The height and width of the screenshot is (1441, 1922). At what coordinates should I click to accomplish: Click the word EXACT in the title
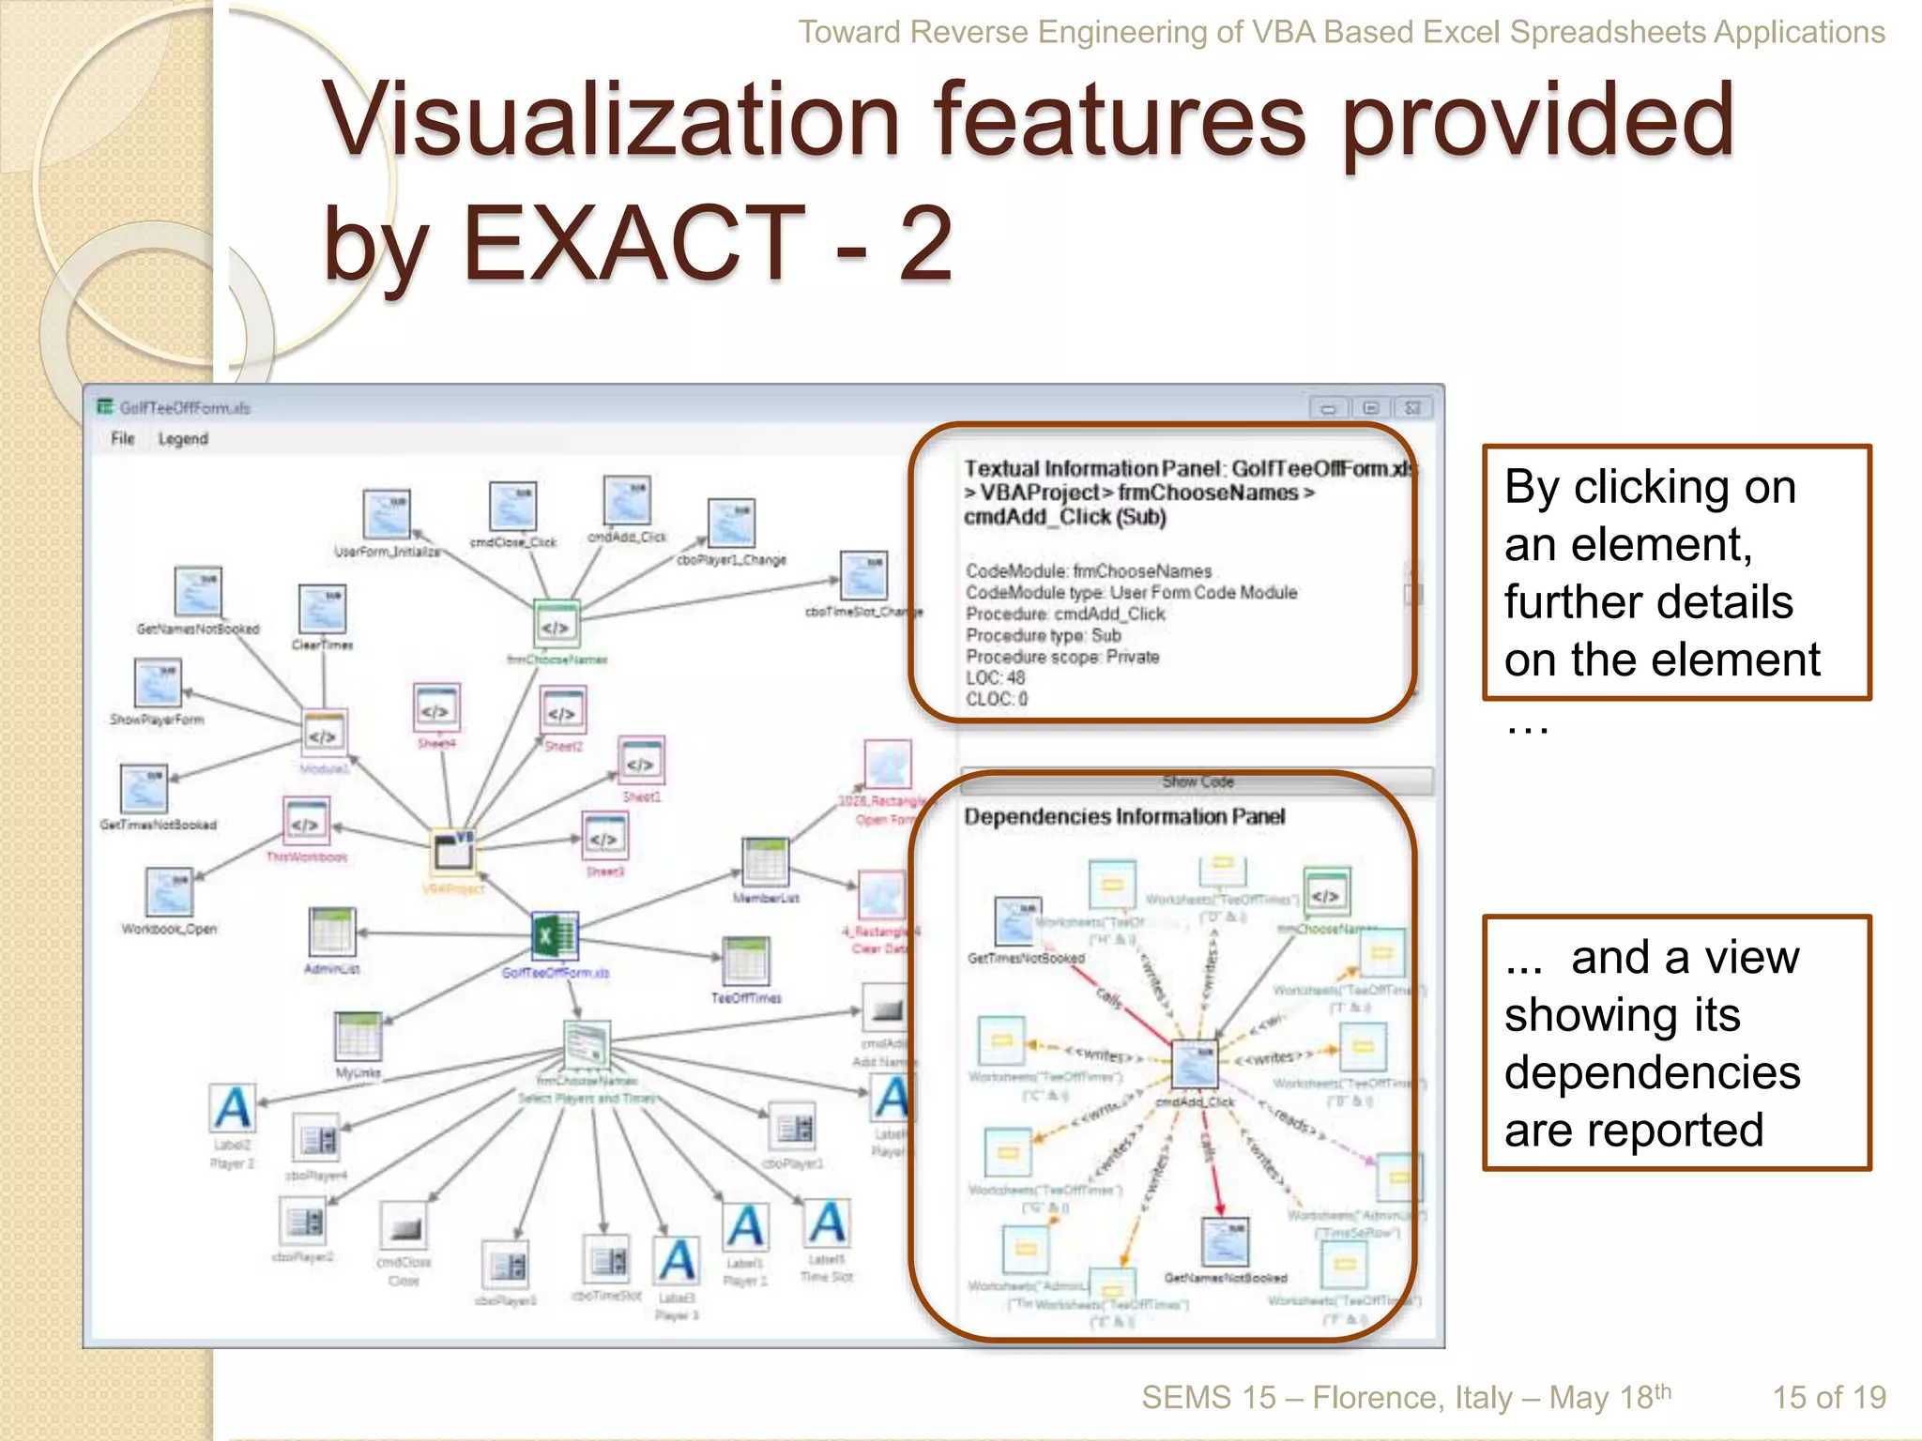(633, 244)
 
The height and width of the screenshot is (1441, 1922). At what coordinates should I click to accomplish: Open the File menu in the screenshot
(122, 438)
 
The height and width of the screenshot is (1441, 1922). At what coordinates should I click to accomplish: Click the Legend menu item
(183, 438)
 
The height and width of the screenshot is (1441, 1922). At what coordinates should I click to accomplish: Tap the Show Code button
(1197, 781)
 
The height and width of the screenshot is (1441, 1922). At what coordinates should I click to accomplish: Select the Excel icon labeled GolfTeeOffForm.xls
(555, 936)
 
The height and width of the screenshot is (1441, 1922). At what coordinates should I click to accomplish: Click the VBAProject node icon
(454, 852)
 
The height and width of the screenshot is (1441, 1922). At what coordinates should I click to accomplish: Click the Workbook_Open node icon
(170, 892)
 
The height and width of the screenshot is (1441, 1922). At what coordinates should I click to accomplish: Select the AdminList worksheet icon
(332, 932)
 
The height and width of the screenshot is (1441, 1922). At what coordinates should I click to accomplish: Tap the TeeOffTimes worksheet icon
(746, 961)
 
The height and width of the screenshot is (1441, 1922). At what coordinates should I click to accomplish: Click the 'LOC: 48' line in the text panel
(996, 677)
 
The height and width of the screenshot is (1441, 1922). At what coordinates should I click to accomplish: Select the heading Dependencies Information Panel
(1124, 816)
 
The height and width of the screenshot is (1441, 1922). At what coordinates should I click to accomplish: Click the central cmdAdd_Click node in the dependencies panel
(1195, 1066)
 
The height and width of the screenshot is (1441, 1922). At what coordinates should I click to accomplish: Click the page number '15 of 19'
(1828, 1397)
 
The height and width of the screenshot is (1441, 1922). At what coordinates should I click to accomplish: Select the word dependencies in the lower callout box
(1652, 1071)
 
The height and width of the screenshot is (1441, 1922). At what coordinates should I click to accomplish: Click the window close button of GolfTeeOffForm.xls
(1412, 408)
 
